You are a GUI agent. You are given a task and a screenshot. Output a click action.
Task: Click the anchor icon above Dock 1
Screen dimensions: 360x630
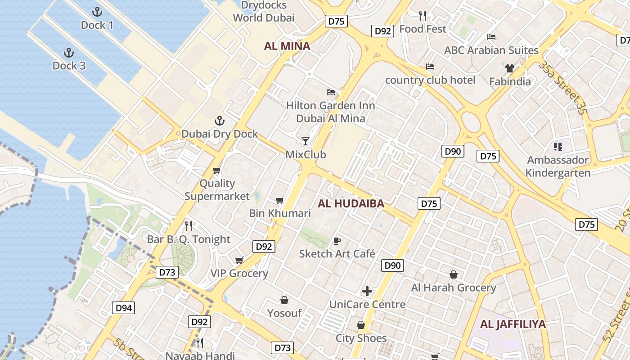pos(97,12)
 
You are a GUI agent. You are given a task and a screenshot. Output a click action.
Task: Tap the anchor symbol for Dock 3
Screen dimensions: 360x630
pos(69,53)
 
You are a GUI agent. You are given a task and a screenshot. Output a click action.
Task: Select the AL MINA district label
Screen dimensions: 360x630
pos(287,46)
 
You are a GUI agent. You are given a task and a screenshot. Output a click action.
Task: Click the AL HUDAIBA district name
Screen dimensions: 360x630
pos(351,203)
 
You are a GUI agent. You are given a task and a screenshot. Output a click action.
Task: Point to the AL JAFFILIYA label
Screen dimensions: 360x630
pos(513,324)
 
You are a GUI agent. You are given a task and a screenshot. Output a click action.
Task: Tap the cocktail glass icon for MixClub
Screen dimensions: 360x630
pos(306,141)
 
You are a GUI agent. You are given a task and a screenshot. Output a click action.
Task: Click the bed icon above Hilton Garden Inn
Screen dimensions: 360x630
pos(331,92)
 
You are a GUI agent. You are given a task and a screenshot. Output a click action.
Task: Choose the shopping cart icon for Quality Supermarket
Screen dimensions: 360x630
pos(217,170)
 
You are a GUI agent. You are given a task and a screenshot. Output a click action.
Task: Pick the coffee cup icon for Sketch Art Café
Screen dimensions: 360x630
pos(337,241)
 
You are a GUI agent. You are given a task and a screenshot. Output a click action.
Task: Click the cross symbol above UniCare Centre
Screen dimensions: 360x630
pos(367,291)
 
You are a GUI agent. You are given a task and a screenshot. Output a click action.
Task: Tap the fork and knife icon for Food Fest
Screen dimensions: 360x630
pos(423,16)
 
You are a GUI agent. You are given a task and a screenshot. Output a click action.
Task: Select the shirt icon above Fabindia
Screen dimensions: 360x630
pos(509,68)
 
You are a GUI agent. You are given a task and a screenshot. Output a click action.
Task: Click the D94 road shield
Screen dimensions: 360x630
pos(123,308)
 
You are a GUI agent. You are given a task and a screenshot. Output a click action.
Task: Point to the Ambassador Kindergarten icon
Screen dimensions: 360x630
pos(558,146)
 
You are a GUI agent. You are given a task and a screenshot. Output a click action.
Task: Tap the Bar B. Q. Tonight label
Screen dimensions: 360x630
pos(189,239)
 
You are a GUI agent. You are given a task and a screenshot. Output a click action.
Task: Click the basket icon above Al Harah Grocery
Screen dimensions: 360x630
pos(454,274)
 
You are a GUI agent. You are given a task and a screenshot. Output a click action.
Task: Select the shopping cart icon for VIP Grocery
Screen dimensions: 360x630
pos(239,260)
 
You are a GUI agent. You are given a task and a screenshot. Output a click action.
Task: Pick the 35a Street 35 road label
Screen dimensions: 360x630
pos(562,88)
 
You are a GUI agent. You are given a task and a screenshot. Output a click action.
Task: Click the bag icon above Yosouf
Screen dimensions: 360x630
pos(284,300)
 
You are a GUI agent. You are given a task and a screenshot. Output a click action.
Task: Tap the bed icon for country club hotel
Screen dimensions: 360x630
pos(430,67)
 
